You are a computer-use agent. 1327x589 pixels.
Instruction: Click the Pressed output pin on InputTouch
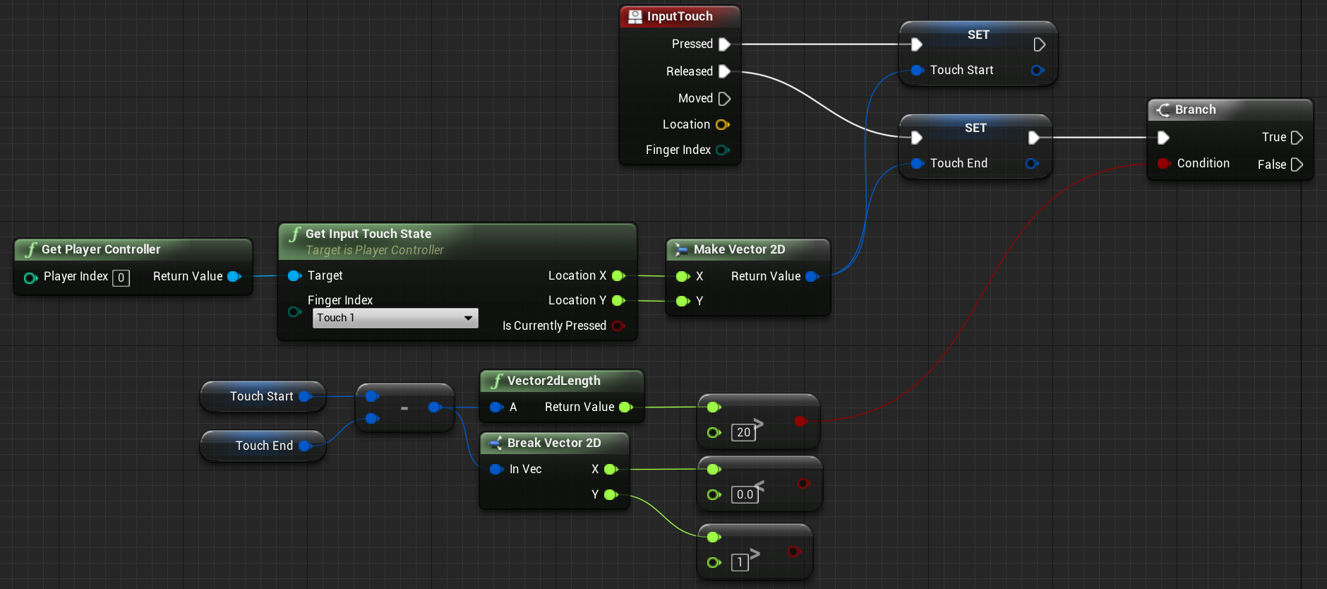pyautogui.click(x=724, y=44)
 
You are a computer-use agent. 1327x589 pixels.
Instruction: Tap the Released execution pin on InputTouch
pyautogui.click(x=724, y=71)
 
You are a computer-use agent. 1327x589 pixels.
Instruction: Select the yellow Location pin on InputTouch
pyautogui.click(x=722, y=125)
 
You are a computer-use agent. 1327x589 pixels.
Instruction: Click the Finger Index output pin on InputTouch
pyautogui.click(x=722, y=150)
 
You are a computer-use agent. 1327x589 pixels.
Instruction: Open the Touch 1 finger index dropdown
pyautogui.click(x=395, y=318)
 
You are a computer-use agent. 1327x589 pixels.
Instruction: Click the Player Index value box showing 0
pyautogui.click(x=121, y=278)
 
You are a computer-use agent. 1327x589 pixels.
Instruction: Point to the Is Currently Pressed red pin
pyautogui.click(x=618, y=326)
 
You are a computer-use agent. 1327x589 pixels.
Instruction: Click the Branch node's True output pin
pyautogui.click(x=1297, y=138)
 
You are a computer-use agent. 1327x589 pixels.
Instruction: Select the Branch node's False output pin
pyautogui.click(x=1297, y=165)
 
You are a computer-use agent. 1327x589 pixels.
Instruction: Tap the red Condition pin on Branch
pyautogui.click(x=1164, y=164)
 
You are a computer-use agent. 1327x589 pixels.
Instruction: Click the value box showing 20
pyautogui.click(x=743, y=432)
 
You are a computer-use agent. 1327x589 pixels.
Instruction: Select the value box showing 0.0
pyautogui.click(x=745, y=494)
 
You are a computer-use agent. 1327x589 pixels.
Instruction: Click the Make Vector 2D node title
pyautogui.click(x=739, y=249)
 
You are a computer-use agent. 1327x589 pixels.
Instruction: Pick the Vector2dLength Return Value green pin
pyautogui.click(x=625, y=407)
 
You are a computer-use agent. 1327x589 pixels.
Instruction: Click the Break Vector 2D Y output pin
pyautogui.click(x=611, y=495)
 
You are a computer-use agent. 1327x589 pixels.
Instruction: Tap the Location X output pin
pyautogui.click(x=618, y=275)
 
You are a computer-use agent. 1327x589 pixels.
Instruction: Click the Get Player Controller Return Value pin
pyautogui.click(x=234, y=276)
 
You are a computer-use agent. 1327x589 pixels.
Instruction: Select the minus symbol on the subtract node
pyautogui.click(x=404, y=408)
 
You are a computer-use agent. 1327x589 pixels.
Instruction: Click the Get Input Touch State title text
pyautogui.click(x=368, y=234)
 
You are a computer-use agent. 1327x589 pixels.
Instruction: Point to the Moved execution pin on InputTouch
pyautogui.click(x=724, y=99)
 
